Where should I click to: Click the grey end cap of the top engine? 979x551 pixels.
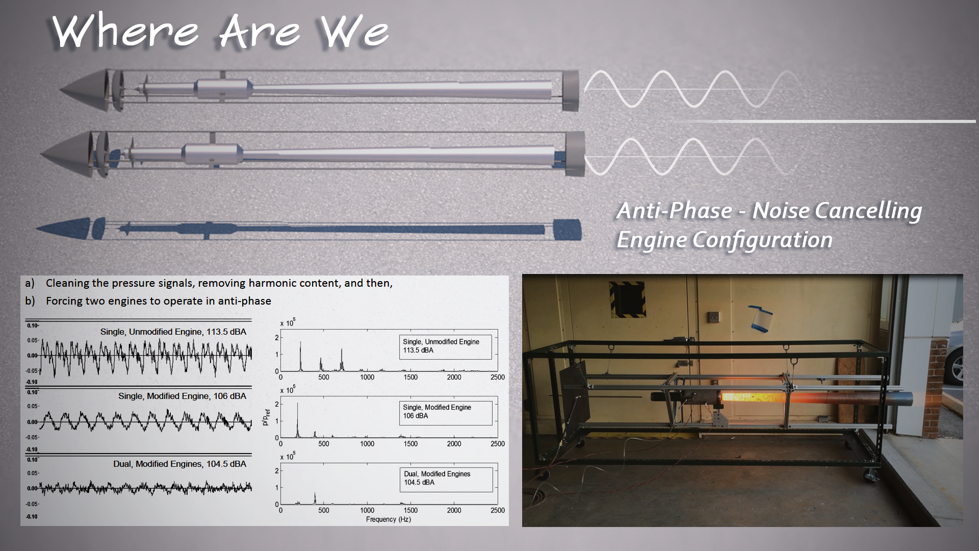click(x=571, y=91)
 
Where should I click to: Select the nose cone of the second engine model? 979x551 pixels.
click(x=66, y=154)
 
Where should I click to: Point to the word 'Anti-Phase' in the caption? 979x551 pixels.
click(x=675, y=210)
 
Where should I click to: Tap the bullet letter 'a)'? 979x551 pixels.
click(x=30, y=283)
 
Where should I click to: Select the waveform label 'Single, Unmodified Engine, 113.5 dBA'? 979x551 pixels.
click(x=173, y=332)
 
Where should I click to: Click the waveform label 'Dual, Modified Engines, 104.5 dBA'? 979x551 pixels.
click(x=179, y=464)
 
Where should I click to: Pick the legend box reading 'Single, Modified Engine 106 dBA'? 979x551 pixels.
click(x=445, y=412)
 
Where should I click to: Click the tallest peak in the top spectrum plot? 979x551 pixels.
click(x=300, y=356)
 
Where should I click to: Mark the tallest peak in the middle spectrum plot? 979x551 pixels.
click(x=297, y=420)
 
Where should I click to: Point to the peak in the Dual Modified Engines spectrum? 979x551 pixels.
click(x=315, y=498)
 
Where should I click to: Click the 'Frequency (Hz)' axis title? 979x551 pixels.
click(x=388, y=519)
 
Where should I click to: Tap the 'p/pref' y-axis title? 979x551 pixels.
click(x=266, y=417)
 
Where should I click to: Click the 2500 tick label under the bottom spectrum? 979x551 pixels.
click(x=498, y=510)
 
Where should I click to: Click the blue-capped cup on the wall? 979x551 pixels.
click(x=761, y=318)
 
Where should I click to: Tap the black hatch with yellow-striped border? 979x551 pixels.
click(x=627, y=299)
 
